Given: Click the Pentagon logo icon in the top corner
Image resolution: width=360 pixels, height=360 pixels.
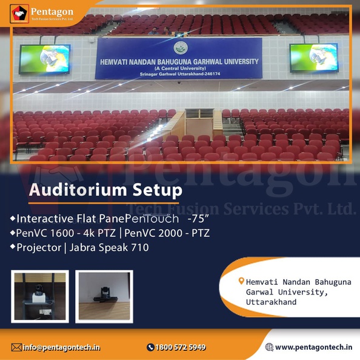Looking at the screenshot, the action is (19, 14).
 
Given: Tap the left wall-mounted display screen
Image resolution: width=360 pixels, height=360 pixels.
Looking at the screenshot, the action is (45, 59).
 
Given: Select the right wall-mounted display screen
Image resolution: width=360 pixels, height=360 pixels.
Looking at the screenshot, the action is (314, 58).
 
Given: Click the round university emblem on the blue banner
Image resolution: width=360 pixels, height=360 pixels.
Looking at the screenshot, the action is (181, 48).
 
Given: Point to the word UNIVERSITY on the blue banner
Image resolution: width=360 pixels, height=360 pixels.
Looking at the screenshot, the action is (241, 62).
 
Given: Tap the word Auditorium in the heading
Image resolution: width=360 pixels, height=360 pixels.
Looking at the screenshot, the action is (78, 190).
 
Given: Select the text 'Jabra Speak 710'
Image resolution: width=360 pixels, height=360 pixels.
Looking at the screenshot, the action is (109, 247).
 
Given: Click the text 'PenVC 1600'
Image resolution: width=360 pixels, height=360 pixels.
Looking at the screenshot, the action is (45, 233).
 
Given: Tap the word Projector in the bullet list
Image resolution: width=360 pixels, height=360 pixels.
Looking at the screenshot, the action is (39, 248).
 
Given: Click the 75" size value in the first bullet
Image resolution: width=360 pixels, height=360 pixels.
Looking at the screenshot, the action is (198, 219).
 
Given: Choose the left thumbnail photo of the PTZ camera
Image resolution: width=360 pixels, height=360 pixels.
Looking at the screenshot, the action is (40, 296).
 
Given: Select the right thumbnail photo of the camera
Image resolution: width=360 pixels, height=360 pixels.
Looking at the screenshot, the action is (104, 296).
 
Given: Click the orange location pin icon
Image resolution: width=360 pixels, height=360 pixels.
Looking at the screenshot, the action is (241, 281).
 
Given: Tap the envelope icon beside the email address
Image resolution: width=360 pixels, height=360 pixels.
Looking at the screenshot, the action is (16, 347).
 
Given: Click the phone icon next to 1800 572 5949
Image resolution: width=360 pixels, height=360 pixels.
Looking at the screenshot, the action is (150, 347).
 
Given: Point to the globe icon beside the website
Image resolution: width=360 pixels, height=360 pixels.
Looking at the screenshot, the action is (269, 347).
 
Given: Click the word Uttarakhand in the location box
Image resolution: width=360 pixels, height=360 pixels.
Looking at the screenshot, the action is (271, 302).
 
